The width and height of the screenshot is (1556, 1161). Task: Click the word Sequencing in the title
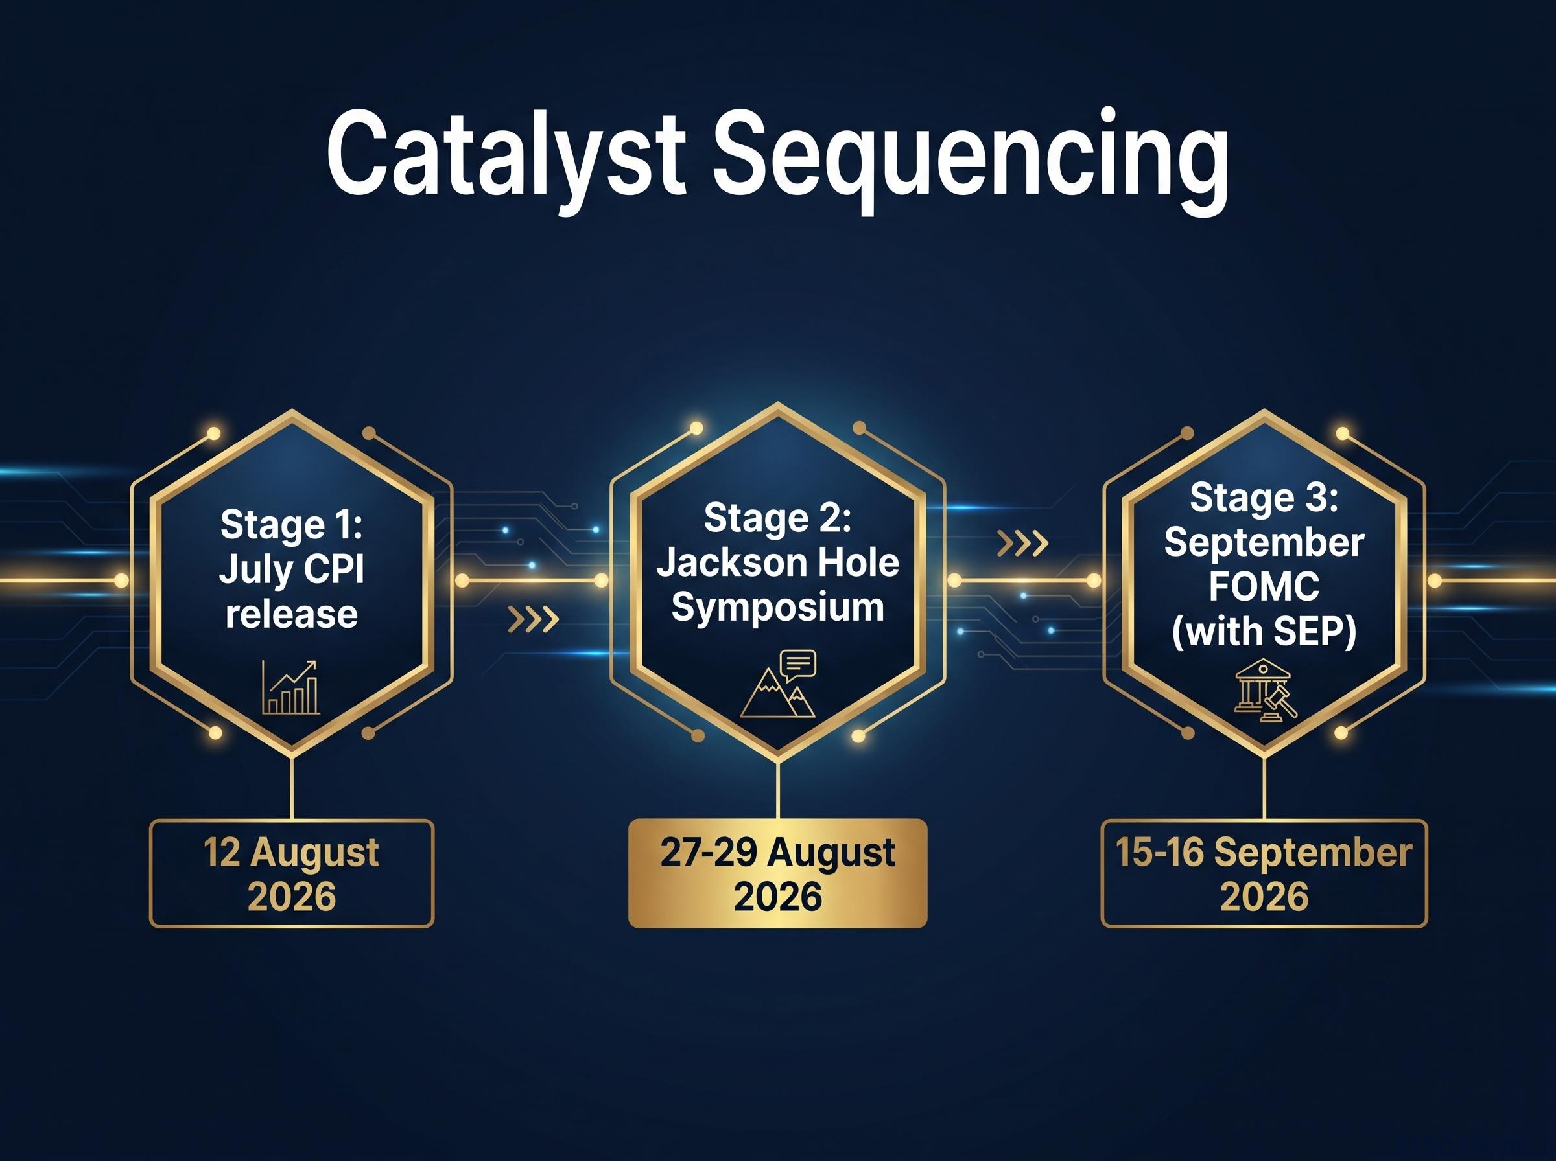tap(971, 161)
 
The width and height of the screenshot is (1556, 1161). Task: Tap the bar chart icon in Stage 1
tap(291, 687)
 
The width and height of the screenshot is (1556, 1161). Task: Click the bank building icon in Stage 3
tap(1266, 689)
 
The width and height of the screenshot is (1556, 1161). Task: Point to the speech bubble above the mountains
tap(797, 665)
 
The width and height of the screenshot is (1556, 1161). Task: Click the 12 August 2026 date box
tap(292, 873)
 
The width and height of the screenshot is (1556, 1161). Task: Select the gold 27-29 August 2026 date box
tap(777, 873)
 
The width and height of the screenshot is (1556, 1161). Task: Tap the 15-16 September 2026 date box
tap(1264, 873)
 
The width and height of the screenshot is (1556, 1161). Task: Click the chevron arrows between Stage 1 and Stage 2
tap(534, 619)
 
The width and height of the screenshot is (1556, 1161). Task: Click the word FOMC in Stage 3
tap(1264, 586)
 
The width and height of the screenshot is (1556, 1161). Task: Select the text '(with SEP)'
tap(1264, 631)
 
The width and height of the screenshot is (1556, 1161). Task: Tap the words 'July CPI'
tap(292, 569)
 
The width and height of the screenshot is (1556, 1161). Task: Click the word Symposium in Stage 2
tap(777, 607)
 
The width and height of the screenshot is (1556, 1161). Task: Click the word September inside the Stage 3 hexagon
tap(1264, 542)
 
